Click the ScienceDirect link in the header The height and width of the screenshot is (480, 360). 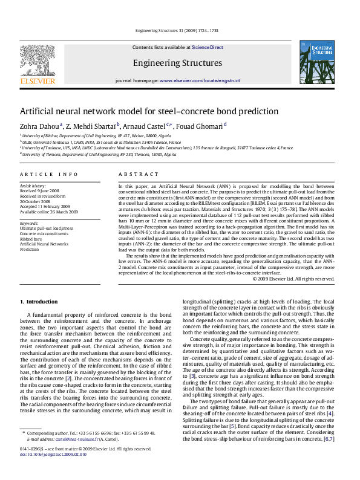(x=208, y=47)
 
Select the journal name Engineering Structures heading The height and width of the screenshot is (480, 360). (x=177, y=63)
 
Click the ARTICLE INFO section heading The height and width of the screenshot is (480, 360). (x=49, y=174)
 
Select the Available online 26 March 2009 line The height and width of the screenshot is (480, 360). (x=49, y=212)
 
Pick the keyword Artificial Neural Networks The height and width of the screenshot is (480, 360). (x=44, y=244)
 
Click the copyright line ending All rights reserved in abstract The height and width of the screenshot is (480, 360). (x=293, y=279)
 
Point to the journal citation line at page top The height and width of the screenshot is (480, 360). (x=177, y=30)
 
